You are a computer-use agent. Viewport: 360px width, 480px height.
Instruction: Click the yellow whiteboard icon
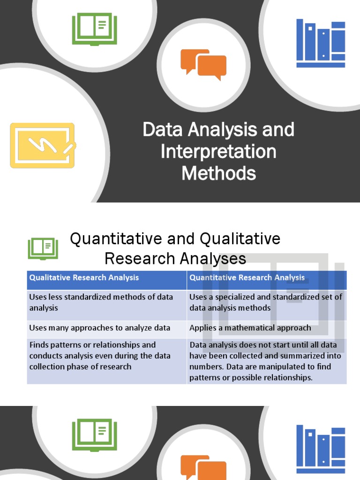[x=42, y=145]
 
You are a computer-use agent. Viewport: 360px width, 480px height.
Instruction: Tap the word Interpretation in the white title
[x=218, y=152]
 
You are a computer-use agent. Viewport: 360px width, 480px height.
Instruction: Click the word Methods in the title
[x=218, y=173]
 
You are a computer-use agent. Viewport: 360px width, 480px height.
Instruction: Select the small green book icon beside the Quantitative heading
[x=43, y=248]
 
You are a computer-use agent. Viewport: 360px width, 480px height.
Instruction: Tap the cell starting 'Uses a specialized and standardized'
[x=266, y=302]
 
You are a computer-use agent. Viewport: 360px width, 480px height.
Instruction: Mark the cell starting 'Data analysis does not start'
[x=266, y=361]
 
